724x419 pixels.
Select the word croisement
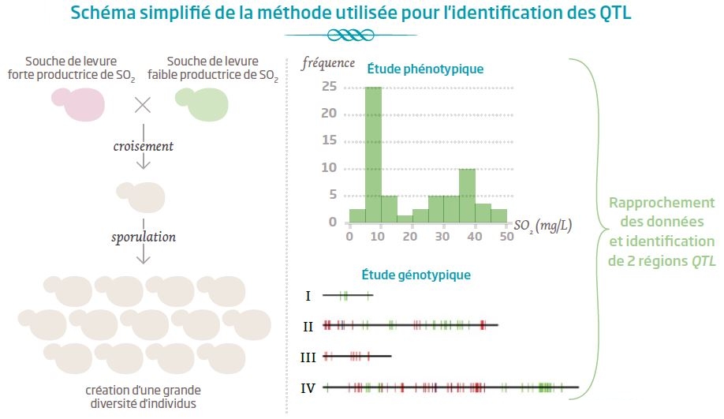pos(143,146)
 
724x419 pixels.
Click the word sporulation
pos(143,237)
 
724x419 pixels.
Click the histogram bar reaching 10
pos(466,195)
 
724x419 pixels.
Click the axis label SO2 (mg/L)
pos(543,225)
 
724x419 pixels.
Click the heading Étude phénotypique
pos(425,69)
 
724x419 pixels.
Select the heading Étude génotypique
pos(416,275)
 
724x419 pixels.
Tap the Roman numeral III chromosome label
pos(308,357)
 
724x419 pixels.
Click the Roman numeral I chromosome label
pos(308,296)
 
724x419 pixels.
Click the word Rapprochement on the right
pos(661,203)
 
